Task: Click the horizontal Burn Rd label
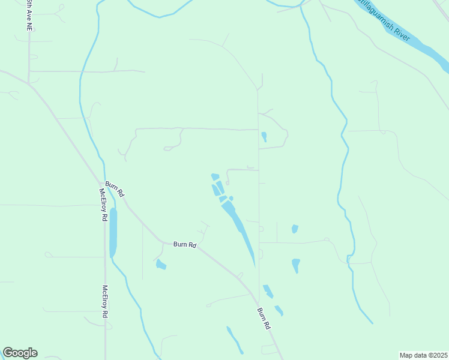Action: (185, 244)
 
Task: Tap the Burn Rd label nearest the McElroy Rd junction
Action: (114, 188)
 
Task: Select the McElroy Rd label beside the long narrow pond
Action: (103, 205)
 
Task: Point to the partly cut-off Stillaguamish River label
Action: (384, 20)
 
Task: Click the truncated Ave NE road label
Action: (28, 15)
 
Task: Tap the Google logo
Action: (20, 353)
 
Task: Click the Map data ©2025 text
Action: (423, 355)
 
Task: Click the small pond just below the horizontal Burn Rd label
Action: (160, 264)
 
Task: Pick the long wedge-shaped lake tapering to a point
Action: (240, 228)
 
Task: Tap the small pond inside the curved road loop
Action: (264, 137)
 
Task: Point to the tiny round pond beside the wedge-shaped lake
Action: (231, 198)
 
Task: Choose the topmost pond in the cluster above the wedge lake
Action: (215, 176)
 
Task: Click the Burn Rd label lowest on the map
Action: (264, 318)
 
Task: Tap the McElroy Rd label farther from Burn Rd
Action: (104, 301)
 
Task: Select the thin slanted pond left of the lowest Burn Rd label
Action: (235, 340)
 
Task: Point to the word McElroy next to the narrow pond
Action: (102, 199)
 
